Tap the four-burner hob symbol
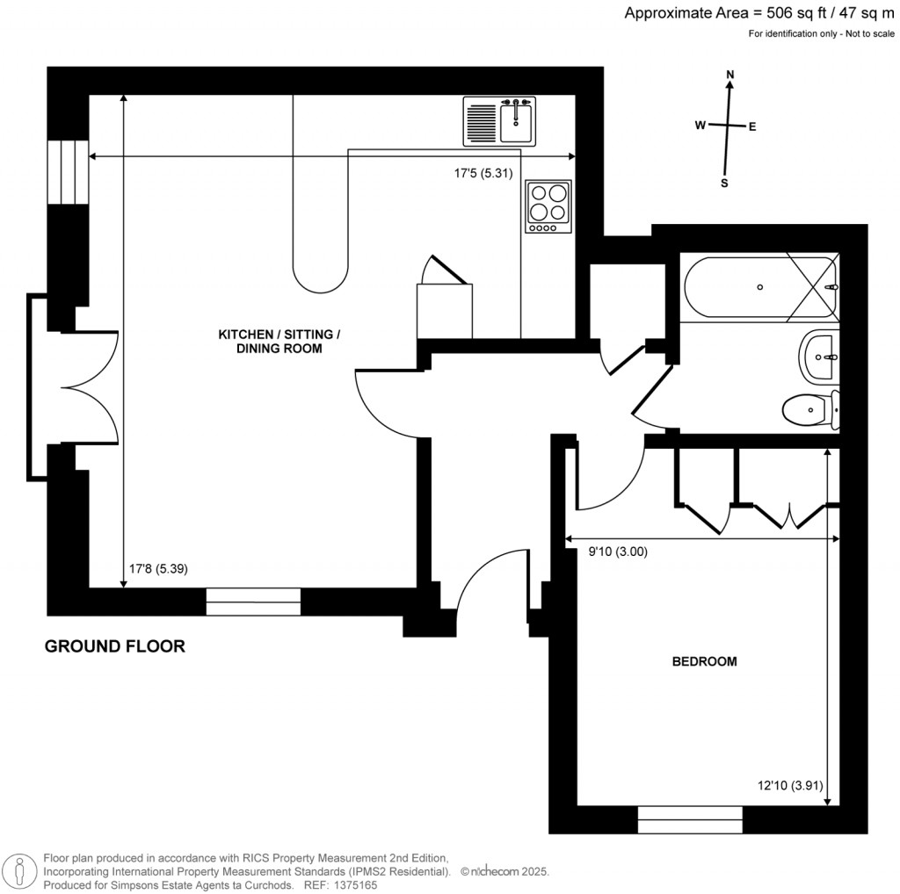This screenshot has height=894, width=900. (x=548, y=205)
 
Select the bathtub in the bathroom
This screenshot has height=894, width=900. (x=759, y=287)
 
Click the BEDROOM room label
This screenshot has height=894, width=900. (x=704, y=661)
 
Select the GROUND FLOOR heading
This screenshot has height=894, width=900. (x=115, y=646)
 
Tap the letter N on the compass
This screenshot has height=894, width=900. (x=729, y=76)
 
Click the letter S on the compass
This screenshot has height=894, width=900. (x=725, y=183)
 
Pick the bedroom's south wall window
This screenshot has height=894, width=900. (x=690, y=819)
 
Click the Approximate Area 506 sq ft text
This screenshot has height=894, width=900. (x=761, y=13)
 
